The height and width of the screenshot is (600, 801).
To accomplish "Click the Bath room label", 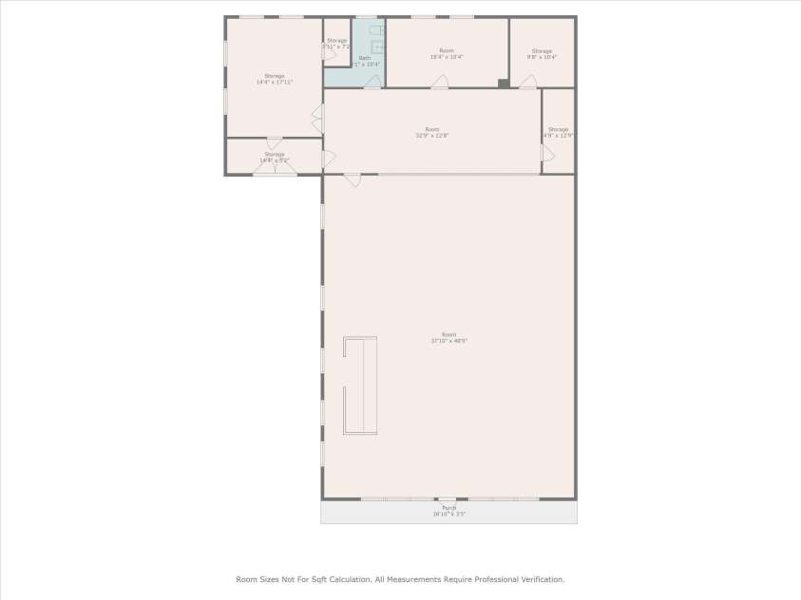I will [x=365, y=58].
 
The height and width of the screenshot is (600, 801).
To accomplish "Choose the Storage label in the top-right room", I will [x=542, y=50].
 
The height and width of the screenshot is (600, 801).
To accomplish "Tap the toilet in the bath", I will [x=377, y=31].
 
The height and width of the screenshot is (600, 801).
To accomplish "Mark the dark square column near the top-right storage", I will [x=504, y=84].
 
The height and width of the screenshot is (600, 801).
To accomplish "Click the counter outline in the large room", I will [x=359, y=385].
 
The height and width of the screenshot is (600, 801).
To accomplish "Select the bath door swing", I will [x=372, y=83].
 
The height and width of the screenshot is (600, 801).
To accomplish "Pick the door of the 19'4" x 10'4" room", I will [x=439, y=83].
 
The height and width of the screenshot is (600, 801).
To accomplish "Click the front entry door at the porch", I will [x=447, y=499].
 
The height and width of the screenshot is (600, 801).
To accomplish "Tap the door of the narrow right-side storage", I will [x=547, y=153].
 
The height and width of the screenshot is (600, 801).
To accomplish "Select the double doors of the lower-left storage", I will [x=274, y=166].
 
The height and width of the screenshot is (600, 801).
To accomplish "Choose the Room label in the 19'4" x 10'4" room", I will [x=447, y=50].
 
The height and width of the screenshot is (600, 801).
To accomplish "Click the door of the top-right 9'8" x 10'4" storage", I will [x=527, y=83].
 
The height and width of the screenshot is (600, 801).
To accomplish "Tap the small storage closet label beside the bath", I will [x=337, y=41].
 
